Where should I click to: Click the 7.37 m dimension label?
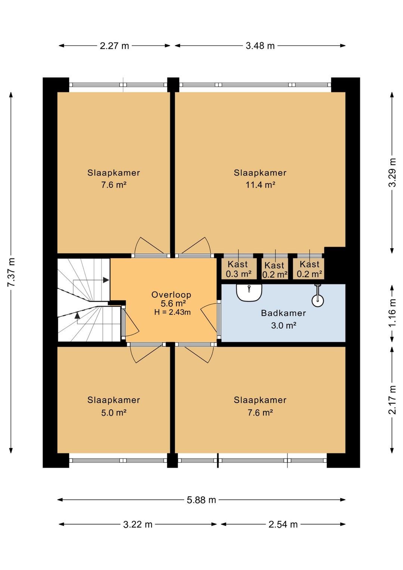coord(12,272)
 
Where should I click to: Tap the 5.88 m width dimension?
coord(201,500)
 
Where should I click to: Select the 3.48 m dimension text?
coord(260,46)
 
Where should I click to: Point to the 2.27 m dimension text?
coord(115,46)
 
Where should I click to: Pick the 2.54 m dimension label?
coord(283,524)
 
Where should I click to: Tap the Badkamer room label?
coord(283,313)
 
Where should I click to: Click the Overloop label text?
coord(171,295)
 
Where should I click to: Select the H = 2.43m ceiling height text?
coord(172,312)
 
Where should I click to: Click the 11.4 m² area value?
coord(260,185)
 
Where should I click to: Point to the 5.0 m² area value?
coord(114,413)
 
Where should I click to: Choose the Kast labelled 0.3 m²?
coord(238,269)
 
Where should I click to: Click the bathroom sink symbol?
coord(249,292)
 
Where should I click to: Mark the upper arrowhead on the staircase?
coord(106,280)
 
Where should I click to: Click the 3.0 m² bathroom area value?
coord(284,325)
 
